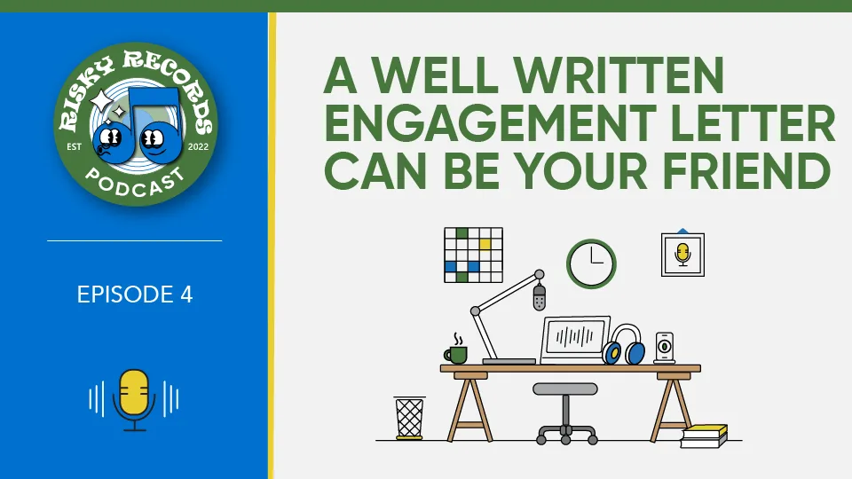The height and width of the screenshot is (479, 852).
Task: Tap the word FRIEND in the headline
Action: (747, 171)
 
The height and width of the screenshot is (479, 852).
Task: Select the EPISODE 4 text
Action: (135, 294)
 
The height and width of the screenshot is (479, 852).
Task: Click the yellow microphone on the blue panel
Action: (134, 400)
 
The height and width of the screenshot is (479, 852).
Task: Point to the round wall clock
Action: (591, 264)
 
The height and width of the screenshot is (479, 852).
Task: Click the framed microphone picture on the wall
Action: (683, 255)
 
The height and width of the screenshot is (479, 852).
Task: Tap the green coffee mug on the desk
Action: (456, 354)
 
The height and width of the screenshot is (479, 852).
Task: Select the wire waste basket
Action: (409, 417)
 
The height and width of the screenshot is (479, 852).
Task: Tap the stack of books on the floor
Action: (704, 436)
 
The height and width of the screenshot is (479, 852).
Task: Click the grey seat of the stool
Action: (565, 389)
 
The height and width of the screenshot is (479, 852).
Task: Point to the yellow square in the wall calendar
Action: (485, 245)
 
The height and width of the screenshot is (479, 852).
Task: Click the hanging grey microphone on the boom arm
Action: (539, 297)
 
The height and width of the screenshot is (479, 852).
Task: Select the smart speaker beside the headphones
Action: (665, 347)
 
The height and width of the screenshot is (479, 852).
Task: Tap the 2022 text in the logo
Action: (198, 146)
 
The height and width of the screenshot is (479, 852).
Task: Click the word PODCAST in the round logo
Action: (135, 183)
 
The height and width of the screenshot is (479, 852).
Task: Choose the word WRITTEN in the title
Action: (619, 76)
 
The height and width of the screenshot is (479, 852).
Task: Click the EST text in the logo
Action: (74, 146)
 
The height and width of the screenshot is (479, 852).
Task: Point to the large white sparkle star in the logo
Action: (101, 101)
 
